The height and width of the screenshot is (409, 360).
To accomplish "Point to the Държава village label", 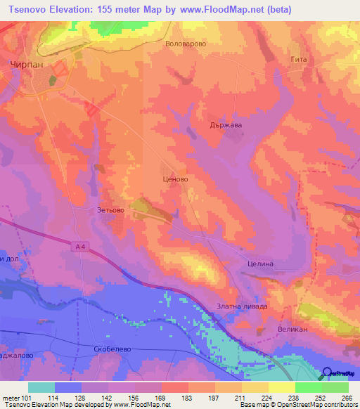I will click(x=226, y=126).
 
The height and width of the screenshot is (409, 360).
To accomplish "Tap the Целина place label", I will click(x=264, y=264).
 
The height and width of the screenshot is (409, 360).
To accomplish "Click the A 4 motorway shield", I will click(x=83, y=246).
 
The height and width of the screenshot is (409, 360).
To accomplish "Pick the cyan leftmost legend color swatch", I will click(x=41, y=387).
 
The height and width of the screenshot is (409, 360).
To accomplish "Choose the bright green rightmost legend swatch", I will click(x=335, y=387).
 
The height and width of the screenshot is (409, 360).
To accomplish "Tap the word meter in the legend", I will click(x=11, y=398).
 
